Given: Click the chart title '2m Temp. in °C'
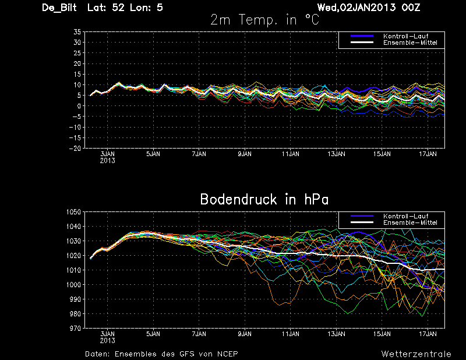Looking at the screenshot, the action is click(x=264, y=20).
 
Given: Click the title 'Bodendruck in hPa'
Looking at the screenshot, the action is click(x=264, y=199).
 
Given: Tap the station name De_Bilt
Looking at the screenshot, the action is click(x=59, y=8).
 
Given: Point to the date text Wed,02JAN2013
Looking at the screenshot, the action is click(x=356, y=8).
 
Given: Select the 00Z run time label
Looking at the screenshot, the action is click(x=411, y=8).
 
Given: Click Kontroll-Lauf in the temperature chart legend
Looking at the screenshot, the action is click(x=405, y=36).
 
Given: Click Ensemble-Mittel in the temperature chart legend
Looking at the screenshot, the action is click(x=410, y=43).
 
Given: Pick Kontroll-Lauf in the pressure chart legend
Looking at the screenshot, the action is click(x=405, y=216).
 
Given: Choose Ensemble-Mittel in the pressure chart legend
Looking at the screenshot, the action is click(x=410, y=223).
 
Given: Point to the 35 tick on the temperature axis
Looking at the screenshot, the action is click(x=77, y=32).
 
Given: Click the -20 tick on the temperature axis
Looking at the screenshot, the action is click(x=75, y=149).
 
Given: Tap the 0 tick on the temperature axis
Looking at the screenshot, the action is click(x=79, y=106).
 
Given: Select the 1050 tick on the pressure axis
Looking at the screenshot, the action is click(x=73, y=212).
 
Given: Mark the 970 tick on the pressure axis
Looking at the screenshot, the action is click(x=75, y=329).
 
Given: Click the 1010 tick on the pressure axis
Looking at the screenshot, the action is click(x=73, y=270).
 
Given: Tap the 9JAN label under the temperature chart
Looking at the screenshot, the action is click(x=245, y=154).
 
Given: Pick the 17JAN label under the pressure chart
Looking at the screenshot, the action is click(x=428, y=334).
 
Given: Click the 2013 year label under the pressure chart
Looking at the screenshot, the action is click(x=107, y=341).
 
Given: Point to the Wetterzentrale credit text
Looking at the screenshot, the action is click(x=416, y=354).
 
